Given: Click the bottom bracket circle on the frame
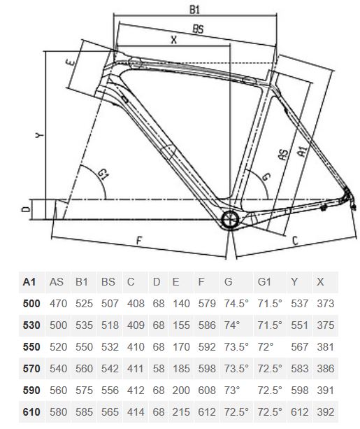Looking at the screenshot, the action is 230,219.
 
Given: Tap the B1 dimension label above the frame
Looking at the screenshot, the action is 194,10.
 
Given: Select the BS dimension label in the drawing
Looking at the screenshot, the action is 198,29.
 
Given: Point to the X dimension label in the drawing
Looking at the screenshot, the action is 173,40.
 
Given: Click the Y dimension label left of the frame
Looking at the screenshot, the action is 40,134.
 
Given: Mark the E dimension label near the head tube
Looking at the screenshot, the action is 71,62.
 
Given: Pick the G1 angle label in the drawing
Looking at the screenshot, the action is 103,174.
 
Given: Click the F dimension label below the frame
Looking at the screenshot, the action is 139,241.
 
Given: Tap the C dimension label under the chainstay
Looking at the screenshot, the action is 295,241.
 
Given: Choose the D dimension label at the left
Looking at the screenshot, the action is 26,209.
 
